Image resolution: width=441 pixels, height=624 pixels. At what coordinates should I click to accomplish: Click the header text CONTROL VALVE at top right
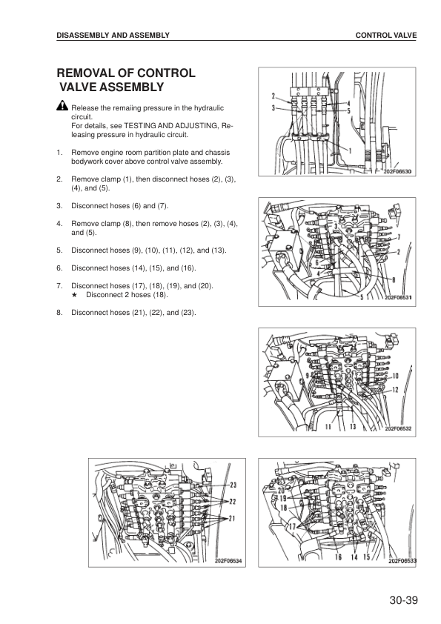coord(386,35)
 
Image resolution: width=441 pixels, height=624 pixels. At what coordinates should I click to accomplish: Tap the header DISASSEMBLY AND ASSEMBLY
coord(113,35)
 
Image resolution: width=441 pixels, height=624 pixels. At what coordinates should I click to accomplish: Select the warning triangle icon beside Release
coord(62,108)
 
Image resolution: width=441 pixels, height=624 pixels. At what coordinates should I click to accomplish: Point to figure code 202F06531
coord(398,298)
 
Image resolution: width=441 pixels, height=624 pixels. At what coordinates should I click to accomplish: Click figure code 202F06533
coord(402,561)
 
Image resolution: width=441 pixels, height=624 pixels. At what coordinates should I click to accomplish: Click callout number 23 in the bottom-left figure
coord(232,485)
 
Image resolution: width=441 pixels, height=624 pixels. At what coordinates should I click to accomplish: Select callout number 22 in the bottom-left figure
coord(232,502)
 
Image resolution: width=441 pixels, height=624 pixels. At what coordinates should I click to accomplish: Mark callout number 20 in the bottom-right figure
coord(282,491)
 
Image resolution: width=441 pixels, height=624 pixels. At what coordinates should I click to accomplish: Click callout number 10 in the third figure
coord(395,376)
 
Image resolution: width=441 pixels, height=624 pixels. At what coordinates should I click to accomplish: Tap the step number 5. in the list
coord(59,250)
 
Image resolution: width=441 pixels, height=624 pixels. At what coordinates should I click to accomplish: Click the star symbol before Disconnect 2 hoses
coord(75,294)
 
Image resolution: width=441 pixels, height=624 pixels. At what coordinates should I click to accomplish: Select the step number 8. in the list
coord(59,312)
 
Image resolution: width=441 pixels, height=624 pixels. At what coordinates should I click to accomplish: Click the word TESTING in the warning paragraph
coord(140,126)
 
